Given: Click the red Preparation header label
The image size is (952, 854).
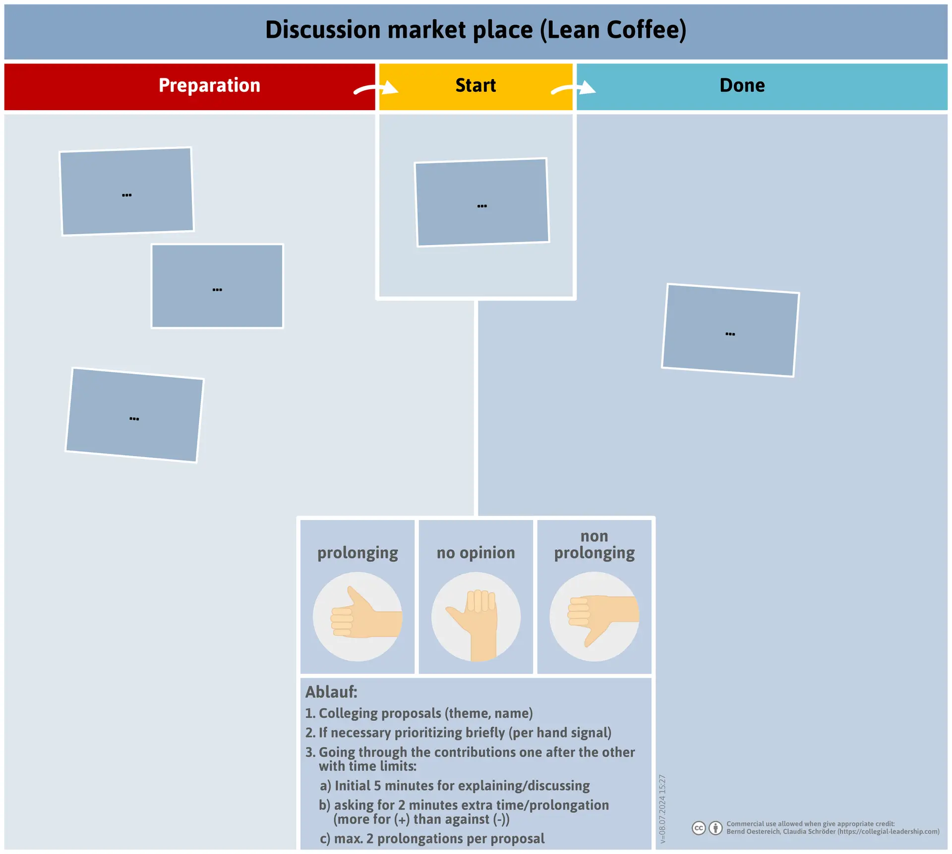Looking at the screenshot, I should tap(209, 85).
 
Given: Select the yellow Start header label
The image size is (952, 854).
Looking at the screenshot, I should tap(476, 85).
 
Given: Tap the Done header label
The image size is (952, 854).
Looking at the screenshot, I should tap(742, 85).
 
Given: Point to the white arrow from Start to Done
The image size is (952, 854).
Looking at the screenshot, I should tap(574, 89).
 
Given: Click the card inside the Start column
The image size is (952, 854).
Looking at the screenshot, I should tap(482, 202).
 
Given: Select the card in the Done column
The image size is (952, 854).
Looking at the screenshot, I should tap(730, 330).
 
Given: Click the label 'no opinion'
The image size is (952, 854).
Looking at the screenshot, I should tap(476, 553).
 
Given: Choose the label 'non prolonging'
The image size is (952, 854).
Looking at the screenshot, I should tap(594, 545).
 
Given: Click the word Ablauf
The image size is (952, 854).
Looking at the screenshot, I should tap(331, 692).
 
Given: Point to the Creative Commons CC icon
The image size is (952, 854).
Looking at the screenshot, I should tap(699, 828).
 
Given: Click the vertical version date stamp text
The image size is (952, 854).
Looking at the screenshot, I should tap(662, 809).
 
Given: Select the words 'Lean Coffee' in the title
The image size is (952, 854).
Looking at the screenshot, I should tap(613, 30).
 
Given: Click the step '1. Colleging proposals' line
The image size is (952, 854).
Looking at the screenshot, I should tap(419, 714).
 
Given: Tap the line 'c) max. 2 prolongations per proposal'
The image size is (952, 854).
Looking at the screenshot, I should tap(432, 839).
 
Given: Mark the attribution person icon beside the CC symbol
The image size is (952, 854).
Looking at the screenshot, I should tap(715, 828).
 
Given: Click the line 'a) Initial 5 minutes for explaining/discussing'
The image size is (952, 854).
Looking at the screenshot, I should tap(455, 786).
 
